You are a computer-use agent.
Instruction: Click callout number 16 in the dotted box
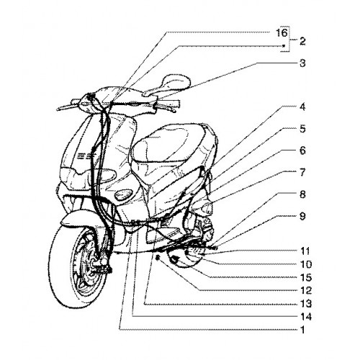[282, 32]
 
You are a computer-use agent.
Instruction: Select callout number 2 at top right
[302, 42]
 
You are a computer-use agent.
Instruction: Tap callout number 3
[302, 63]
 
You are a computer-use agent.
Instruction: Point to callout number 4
[302, 107]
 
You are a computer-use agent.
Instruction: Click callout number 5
[302, 129]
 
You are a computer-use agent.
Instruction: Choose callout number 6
[302, 150]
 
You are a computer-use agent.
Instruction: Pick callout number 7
[302, 172]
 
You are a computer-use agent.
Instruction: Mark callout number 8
[302, 194]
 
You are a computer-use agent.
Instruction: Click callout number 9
[302, 216]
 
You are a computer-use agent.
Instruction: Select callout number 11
[305, 251]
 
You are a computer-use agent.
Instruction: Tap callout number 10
[306, 264]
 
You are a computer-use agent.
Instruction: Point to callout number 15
[306, 277]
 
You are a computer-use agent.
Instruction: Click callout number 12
[306, 291]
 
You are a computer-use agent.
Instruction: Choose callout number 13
[306, 304]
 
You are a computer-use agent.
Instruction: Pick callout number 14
[306, 317]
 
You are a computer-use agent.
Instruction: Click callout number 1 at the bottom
[303, 330]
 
